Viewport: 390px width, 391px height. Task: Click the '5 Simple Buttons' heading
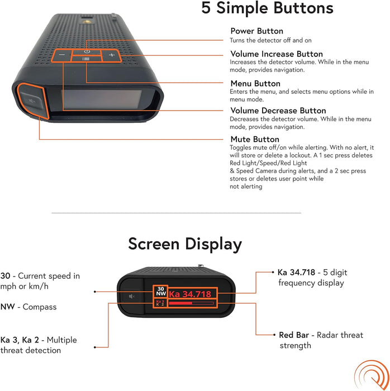click(267, 8)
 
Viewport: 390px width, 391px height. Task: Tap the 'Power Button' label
click(256, 31)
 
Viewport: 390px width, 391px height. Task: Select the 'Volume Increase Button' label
click(277, 54)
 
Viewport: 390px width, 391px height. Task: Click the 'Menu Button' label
click(255, 83)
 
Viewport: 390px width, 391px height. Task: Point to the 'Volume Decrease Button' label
click(278, 111)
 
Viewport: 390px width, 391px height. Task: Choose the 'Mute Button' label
click(255, 139)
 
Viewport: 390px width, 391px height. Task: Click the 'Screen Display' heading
click(185, 244)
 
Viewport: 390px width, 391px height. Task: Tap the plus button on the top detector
click(111, 55)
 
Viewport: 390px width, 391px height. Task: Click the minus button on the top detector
click(61, 55)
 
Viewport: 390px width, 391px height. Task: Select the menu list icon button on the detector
click(86, 59)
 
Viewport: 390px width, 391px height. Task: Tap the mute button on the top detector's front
click(31, 101)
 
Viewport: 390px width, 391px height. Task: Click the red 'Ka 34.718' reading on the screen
click(190, 294)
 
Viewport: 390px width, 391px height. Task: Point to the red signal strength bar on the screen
click(180, 303)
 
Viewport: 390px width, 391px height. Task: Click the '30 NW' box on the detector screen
click(161, 291)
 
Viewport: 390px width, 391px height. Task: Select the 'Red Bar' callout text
click(321, 340)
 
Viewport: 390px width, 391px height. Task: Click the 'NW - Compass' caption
click(28, 307)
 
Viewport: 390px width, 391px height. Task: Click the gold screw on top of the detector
click(87, 22)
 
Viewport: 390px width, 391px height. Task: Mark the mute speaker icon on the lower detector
click(132, 296)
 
